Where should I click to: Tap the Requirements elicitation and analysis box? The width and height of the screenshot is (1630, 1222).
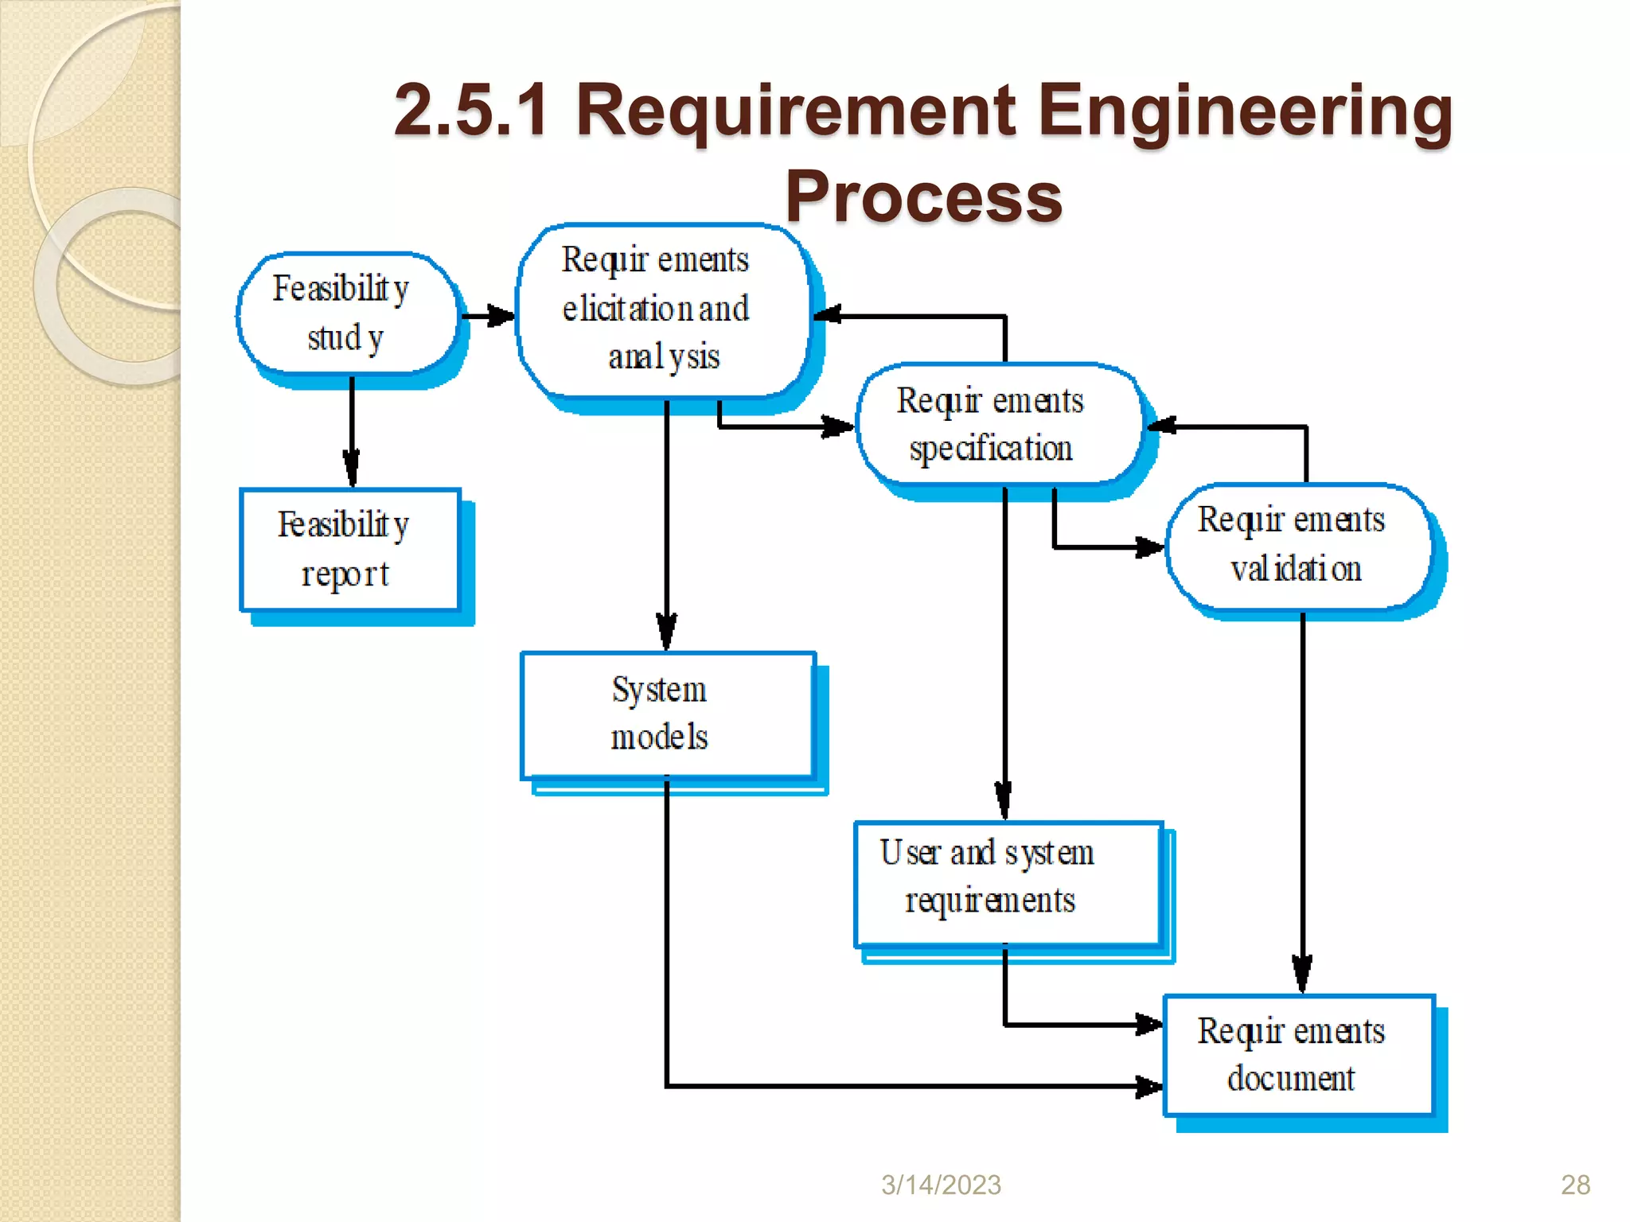point(661,310)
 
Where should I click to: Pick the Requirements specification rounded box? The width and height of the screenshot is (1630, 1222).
point(999,424)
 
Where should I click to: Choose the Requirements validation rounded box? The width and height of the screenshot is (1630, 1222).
point(1297,546)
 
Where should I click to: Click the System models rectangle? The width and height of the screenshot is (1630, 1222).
point(667,714)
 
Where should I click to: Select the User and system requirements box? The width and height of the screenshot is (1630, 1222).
point(1007,883)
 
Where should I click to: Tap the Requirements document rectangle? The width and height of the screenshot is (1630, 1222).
point(1297,1054)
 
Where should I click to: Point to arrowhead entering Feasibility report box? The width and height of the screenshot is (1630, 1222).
point(352,469)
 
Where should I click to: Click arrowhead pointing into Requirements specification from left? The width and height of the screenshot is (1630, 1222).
point(837,427)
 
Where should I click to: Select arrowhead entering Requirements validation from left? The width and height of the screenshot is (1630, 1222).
point(1148,547)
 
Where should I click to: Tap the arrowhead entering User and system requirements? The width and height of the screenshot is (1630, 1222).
point(1004,800)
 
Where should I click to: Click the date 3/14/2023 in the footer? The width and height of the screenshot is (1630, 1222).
point(941,1185)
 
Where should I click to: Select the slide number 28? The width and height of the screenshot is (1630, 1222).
point(1575,1185)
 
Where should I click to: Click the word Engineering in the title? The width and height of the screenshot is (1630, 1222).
point(1246,111)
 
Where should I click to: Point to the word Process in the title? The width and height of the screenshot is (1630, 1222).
point(923,197)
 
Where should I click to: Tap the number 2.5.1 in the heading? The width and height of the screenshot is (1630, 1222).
point(471,111)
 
